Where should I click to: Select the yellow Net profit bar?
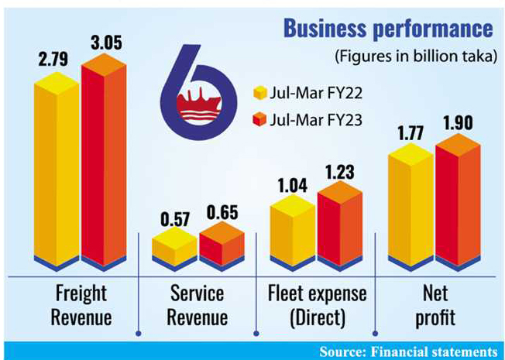point(409,205)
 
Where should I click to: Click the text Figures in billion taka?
point(414,57)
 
